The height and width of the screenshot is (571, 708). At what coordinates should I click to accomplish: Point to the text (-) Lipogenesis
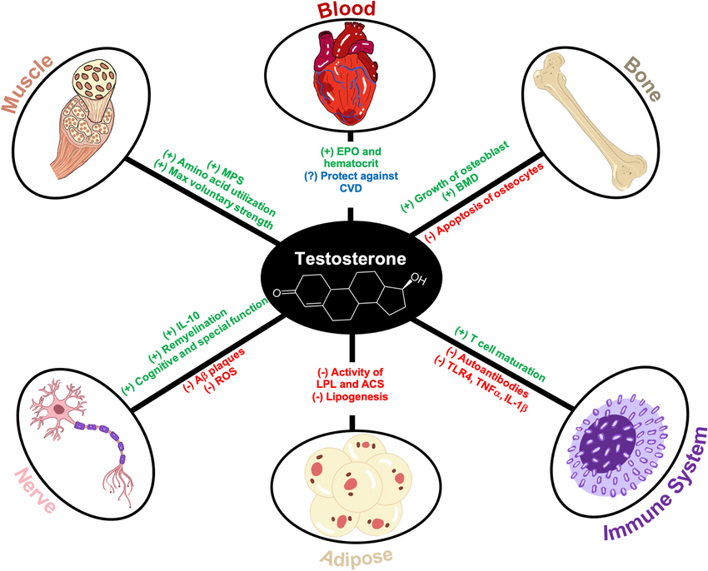350,399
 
